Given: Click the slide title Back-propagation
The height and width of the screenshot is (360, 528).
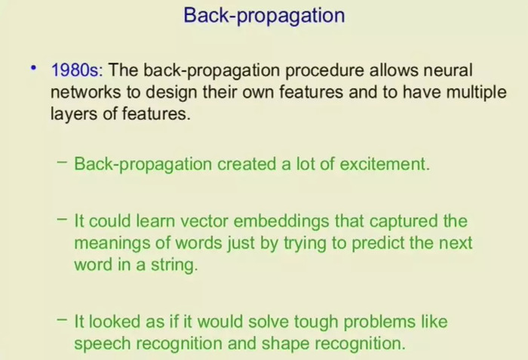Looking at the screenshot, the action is tap(264, 16).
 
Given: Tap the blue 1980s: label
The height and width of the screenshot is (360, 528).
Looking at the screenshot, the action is tap(77, 70).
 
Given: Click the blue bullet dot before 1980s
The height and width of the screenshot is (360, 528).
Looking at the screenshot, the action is tap(33, 68).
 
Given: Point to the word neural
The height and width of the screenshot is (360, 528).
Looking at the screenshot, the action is tap(448, 70).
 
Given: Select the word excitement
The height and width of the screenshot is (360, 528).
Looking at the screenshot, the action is tap(385, 165).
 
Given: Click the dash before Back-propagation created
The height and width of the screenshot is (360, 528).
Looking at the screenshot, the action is tap(63, 162).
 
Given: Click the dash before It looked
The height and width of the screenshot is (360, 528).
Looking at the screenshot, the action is tap(63, 319).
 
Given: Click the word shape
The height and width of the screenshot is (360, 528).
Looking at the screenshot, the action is tap(285, 344).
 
